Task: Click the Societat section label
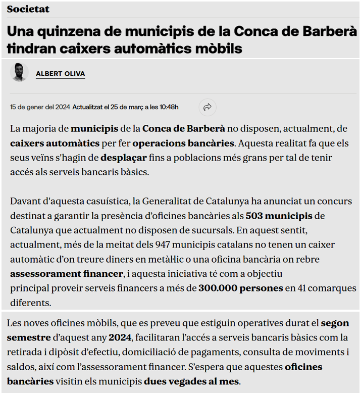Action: (28, 10)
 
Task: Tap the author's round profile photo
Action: (19, 73)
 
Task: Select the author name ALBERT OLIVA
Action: (60, 74)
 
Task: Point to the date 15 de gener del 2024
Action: (40, 107)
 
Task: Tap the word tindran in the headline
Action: (32, 48)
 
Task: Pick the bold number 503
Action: (254, 216)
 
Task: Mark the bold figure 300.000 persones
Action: (240, 289)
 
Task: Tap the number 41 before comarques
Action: (301, 289)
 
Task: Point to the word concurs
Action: (336, 201)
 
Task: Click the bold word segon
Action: (335, 323)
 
